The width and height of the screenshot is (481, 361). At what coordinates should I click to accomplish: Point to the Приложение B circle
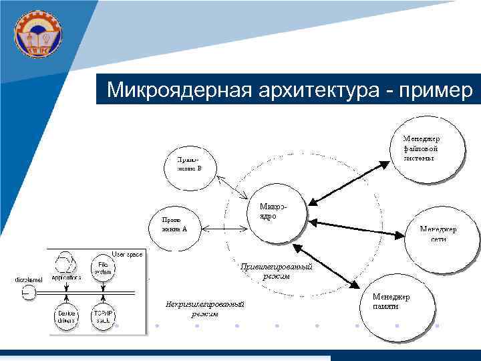(190, 164)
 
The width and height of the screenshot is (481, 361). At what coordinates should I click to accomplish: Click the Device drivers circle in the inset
(66, 315)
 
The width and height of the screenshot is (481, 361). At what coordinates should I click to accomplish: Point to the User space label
(127, 254)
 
